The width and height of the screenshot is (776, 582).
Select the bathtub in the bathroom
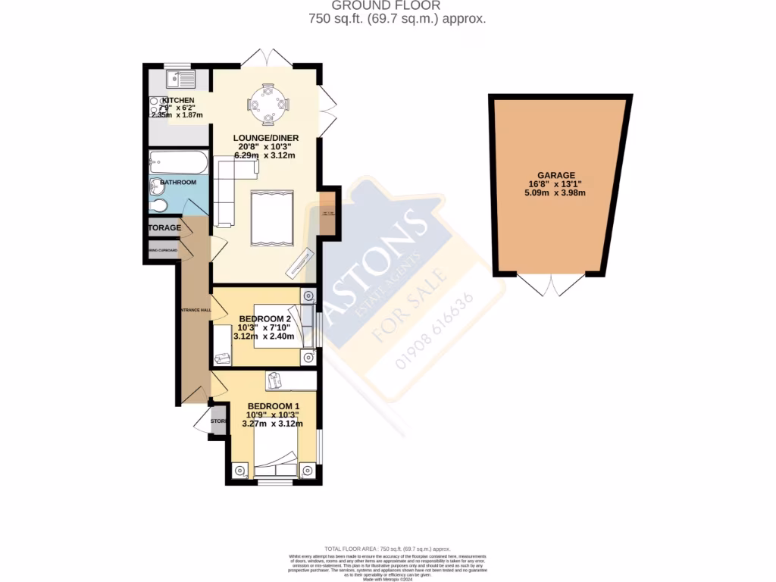pos(178,162)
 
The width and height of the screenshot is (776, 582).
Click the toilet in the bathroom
pos(158,207)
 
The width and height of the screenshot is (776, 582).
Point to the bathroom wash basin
pos(156,186)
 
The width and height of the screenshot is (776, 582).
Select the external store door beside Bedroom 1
pos(204,423)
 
